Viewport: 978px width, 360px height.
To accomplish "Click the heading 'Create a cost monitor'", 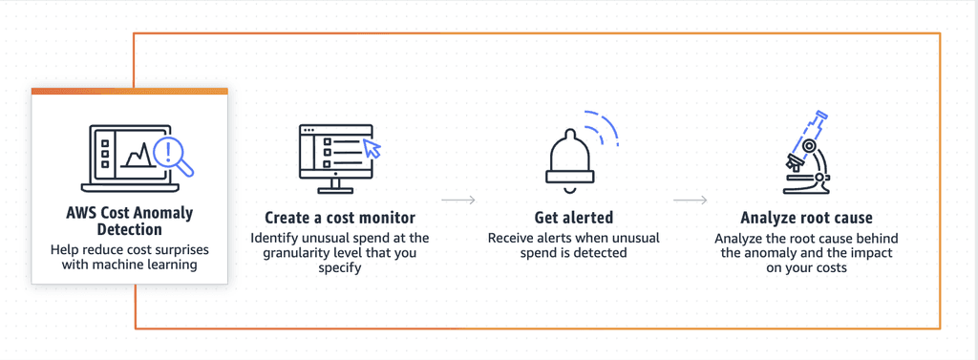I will [x=339, y=218].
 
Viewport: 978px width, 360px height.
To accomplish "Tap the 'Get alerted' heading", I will [x=573, y=218].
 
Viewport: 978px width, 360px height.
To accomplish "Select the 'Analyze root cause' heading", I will [x=806, y=218].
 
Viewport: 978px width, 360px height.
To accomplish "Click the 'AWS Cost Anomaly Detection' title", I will [x=129, y=222].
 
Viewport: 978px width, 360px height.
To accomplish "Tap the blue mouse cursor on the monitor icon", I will [x=372, y=148].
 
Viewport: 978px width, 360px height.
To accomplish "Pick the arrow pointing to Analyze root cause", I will [x=690, y=201].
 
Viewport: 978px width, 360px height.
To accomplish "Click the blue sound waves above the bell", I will [x=604, y=129].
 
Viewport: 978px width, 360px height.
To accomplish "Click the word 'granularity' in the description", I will [x=323, y=253].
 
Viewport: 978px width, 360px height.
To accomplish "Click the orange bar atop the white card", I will [x=129, y=91].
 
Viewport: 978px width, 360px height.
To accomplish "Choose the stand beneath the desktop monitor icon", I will [x=339, y=183].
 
